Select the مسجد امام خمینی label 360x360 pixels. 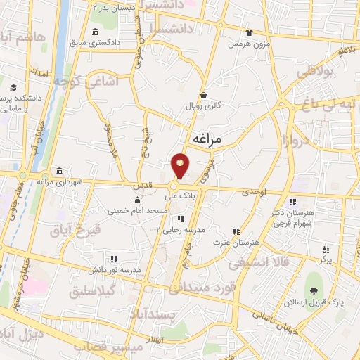[138, 210]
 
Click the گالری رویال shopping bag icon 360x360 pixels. [204, 96]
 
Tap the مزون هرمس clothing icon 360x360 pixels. [249, 32]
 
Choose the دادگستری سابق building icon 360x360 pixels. [96, 32]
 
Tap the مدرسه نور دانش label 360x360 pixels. [115, 269]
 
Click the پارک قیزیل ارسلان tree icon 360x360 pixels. [314, 292]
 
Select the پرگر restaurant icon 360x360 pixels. [324, 250]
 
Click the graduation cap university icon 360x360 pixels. [14, 89]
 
